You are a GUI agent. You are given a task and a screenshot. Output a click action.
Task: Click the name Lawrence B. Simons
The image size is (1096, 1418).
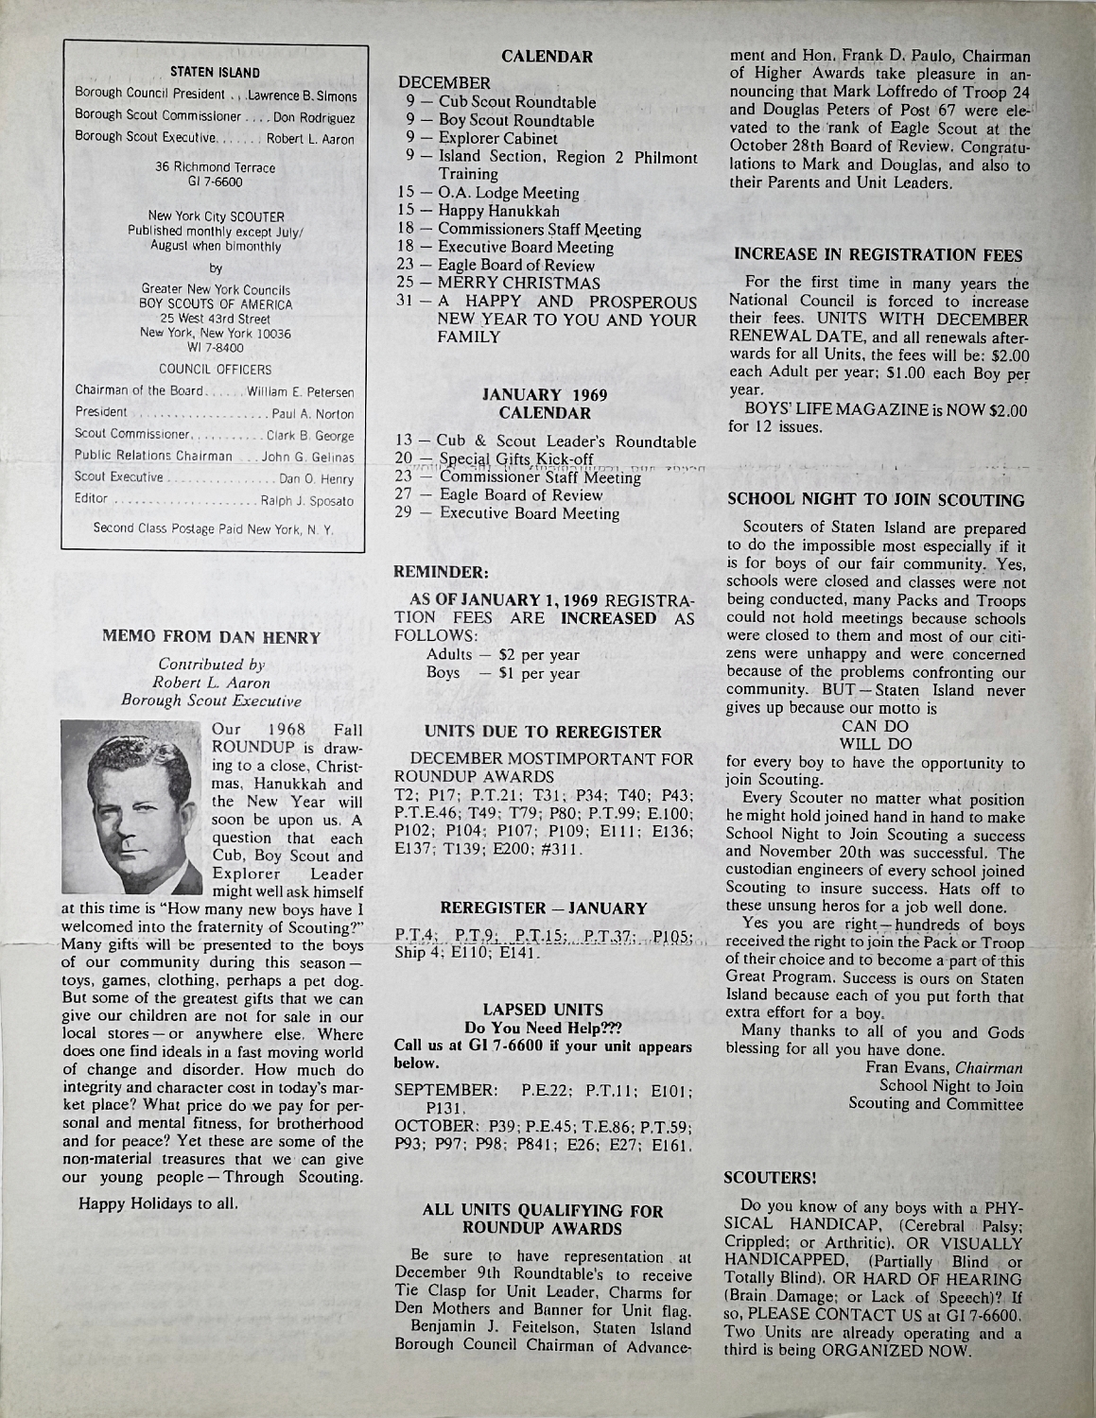click(302, 96)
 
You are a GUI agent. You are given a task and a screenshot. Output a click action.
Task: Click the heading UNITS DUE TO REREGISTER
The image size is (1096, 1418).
click(543, 731)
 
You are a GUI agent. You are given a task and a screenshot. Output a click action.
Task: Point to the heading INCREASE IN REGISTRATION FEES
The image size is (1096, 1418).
click(879, 254)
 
